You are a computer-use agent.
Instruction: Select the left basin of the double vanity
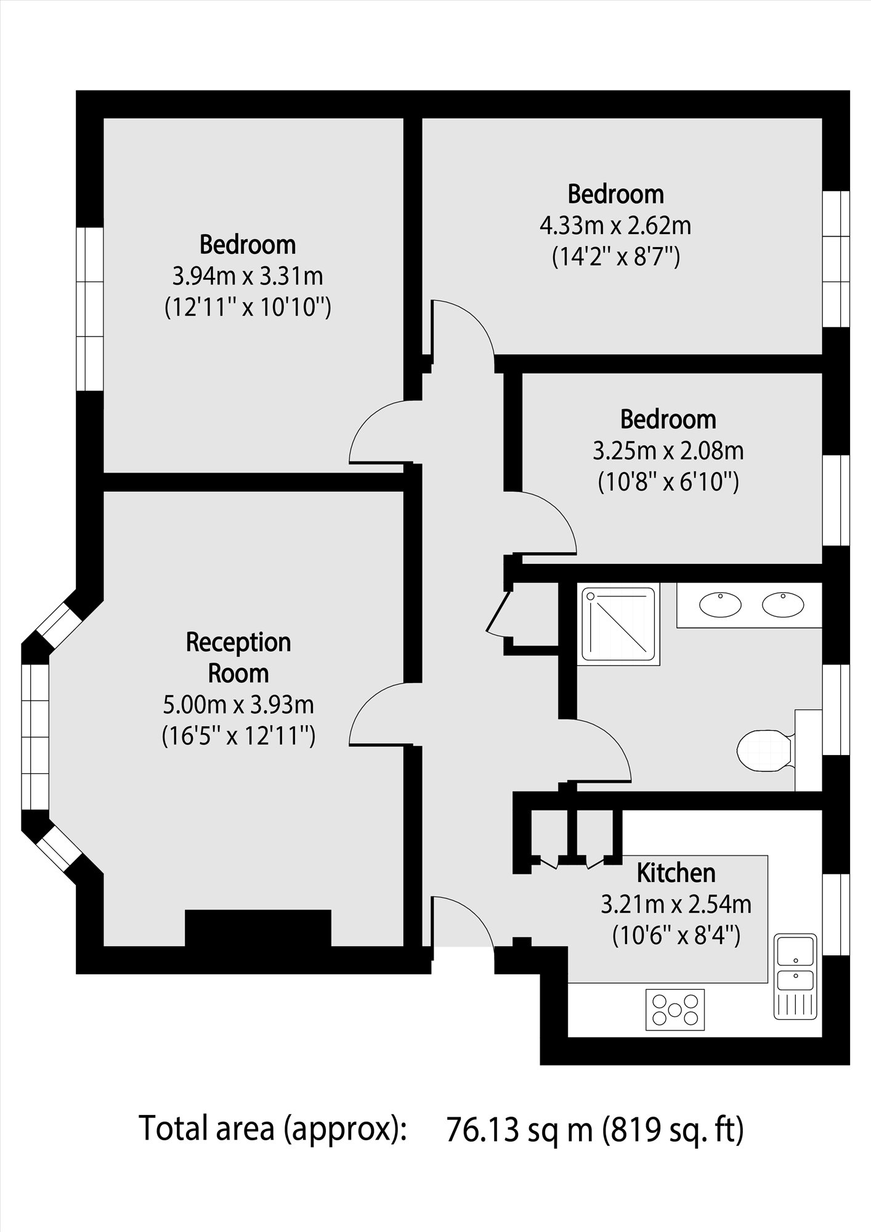(720, 604)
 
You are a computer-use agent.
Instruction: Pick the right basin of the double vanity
(783, 604)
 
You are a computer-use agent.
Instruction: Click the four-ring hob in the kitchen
(675, 1009)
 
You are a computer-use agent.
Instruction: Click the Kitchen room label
(676, 873)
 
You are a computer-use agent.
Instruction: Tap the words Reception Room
(238, 658)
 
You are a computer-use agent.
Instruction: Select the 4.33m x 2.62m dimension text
(615, 226)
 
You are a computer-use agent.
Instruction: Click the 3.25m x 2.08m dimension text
(668, 451)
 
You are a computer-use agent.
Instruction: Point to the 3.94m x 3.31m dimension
(248, 276)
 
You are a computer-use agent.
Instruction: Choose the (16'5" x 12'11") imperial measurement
(238, 736)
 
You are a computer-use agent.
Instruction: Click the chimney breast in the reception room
(258, 928)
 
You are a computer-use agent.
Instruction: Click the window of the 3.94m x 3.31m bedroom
(89, 308)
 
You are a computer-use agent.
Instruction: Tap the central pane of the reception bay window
(35, 736)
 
